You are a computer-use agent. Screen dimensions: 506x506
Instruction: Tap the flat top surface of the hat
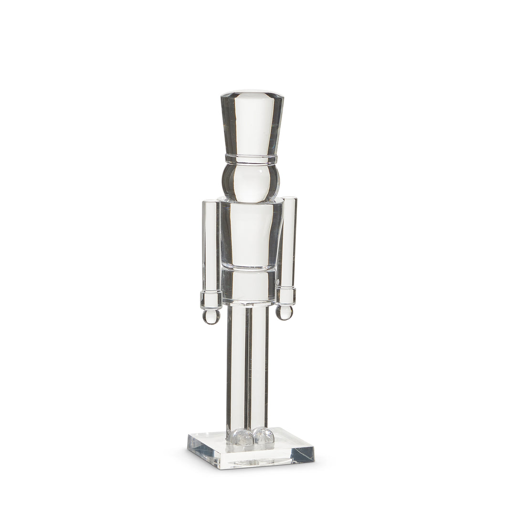coord(252,94)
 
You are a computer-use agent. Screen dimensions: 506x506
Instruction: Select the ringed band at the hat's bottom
coord(251,158)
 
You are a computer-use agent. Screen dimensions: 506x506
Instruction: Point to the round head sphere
coord(251,182)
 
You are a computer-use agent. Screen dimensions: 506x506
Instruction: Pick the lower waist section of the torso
coord(249,285)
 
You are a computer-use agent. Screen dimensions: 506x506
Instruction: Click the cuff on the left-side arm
coord(211,299)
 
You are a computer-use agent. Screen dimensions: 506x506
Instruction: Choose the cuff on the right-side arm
coord(285,295)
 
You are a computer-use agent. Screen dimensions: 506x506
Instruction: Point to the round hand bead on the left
coord(211,316)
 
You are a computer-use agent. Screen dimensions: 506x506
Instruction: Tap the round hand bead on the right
coord(285,312)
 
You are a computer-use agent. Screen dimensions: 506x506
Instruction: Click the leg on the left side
coord(236,368)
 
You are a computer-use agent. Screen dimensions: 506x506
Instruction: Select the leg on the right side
coord(258,368)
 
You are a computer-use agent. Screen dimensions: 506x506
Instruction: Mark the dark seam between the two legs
coord(247,368)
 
